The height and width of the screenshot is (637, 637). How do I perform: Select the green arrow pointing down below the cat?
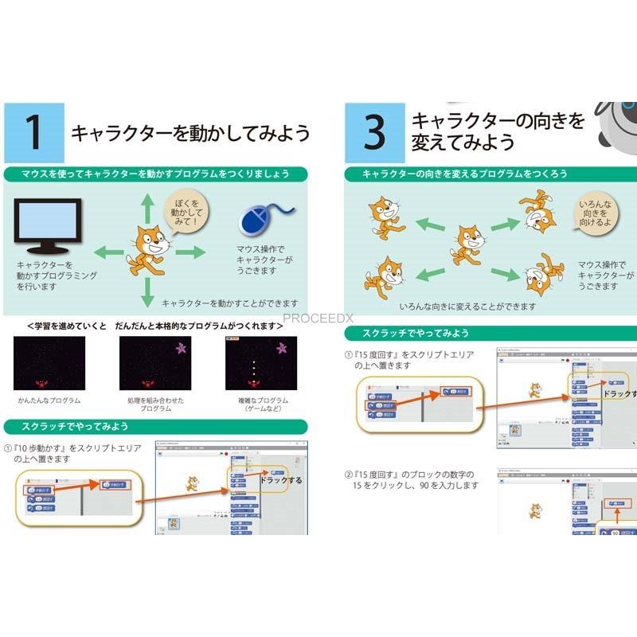click(x=146, y=293)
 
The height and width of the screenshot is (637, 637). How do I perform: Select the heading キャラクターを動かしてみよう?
click(x=190, y=133)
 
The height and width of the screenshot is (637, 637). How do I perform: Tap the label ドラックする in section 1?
click(x=280, y=481)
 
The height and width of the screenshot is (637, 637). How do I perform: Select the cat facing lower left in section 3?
click(x=386, y=276)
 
